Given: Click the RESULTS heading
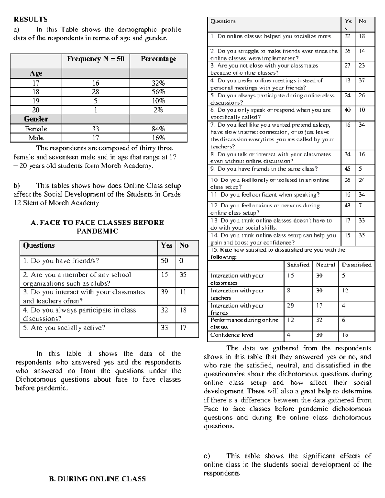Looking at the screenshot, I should click(x=30, y=19).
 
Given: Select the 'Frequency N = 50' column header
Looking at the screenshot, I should click(x=95, y=59).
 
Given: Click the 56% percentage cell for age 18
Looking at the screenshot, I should click(x=158, y=92).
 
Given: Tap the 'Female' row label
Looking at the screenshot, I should click(x=36, y=129).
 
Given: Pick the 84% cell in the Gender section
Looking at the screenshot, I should click(x=158, y=129).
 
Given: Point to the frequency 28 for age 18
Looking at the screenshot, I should click(x=95, y=92).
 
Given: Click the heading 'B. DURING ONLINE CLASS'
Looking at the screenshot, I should click(x=97, y=479).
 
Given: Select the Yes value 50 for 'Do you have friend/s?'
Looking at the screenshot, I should click(x=164, y=261).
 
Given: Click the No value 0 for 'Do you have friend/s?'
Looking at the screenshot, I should click(x=181, y=261).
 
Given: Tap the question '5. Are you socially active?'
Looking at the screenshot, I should click(x=64, y=328).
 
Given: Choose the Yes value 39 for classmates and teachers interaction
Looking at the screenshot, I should click(x=164, y=292).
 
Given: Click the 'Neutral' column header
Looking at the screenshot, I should click(x=325, y=265).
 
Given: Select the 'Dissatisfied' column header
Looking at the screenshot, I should click(x=356, y=265).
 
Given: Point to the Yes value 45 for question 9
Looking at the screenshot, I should click(x=347, y=169).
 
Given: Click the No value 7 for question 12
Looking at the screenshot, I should click(x=360, y=206).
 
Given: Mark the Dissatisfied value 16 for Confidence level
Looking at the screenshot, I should click(x=345, y=335).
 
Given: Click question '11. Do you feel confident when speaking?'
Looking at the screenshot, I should click(x=265, y=195).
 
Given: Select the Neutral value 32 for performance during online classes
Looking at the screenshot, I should click(x=319, y=320).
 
